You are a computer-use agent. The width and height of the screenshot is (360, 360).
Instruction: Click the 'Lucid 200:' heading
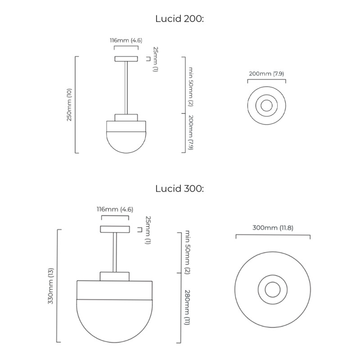coord(180,18)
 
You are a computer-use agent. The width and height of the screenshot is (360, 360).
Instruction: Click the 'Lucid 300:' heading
coord(180,188)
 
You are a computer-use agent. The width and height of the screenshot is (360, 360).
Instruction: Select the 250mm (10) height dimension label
coord(69,105)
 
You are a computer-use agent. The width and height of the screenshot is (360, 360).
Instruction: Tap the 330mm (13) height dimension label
coord(50,286)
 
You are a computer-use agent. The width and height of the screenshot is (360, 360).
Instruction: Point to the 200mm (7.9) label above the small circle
coord(266,73)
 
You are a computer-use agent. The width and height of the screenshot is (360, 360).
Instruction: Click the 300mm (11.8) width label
coord(273,228)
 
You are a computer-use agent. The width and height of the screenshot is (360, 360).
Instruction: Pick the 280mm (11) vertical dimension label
coord(186,307)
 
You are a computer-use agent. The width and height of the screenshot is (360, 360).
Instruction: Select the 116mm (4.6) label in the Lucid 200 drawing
coord(126,40)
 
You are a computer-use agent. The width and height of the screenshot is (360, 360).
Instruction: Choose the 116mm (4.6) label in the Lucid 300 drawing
coord(115,209)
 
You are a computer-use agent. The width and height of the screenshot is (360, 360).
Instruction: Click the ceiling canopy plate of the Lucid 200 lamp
coord(126,58)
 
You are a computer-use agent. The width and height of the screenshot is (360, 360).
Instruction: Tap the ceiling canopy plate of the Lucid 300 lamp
coord(115,229)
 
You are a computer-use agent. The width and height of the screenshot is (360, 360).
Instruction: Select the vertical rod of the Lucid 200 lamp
coord(126,88)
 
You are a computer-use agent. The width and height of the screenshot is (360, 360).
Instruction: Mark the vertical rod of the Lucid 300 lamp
coord(115,252)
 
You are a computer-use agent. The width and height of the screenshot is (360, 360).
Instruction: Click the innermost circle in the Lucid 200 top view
coord(266,106)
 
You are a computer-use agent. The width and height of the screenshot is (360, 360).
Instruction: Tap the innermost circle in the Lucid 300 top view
coord(272,289)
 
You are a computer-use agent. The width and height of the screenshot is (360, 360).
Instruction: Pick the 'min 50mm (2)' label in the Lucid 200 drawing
coord(190,86)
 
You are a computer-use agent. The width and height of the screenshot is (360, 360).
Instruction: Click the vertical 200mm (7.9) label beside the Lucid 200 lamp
coord(190,133)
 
